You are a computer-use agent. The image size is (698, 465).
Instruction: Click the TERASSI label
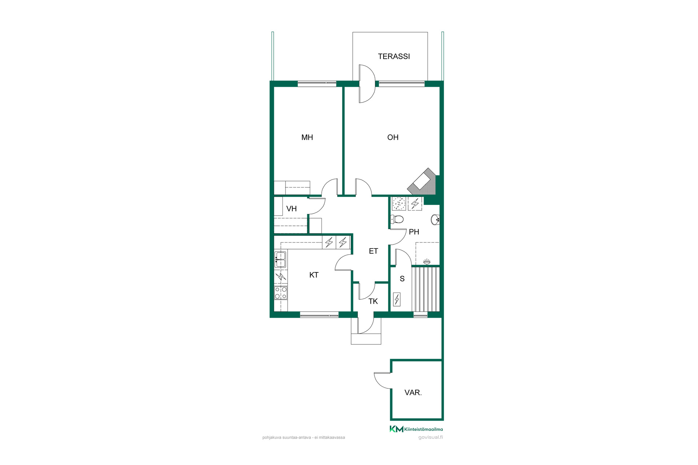click(x=394, y=56)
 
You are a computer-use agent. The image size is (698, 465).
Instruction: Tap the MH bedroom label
click(x=307, y=137)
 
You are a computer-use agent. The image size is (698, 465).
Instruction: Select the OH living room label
click(x=393, y=137)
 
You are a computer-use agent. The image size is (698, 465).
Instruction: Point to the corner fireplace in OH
click(x=422, y=182)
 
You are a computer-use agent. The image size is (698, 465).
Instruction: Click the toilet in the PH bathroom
click(x=397, y=219)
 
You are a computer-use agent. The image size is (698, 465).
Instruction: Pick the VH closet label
click(x=292, y=209)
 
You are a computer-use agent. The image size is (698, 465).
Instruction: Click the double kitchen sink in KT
click(x=280, y=260)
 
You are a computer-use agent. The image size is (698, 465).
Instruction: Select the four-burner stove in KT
click(x=281, y=293)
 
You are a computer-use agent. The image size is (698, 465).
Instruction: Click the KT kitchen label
click(x=314, y=275)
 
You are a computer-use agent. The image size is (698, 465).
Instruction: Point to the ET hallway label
click(x=373, y=251)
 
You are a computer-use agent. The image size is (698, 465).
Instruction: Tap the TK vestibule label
click(x=373, y=301)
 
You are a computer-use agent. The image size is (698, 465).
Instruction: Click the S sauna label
click(x=402, y=279)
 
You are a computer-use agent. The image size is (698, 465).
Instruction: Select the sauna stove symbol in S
click(x=397, y=299)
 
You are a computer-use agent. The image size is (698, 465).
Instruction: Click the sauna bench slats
click(x=426, y=289)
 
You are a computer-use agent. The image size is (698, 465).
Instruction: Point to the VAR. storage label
click(x=413, y=393)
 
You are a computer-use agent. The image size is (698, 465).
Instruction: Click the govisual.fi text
click(x=430, y=437)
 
